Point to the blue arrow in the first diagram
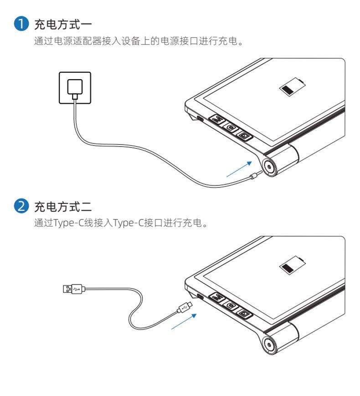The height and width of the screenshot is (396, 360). pos(239,168)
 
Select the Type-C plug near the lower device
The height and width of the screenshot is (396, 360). pos(185,307)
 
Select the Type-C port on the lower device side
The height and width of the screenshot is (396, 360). pos(200,297)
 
